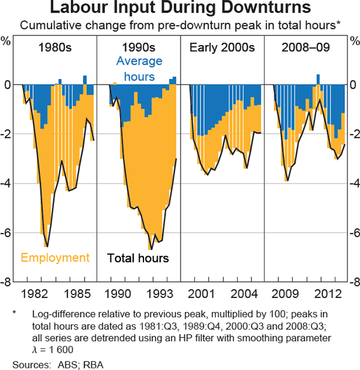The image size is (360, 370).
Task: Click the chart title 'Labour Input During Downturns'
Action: tap(180, 9)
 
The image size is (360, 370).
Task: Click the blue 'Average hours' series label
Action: tap(139, 69)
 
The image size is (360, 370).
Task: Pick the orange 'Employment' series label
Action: tap(55, 258)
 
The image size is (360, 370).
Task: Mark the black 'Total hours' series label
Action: tap(138, 258)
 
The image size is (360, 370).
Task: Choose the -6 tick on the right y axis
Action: tap(353, 233)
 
